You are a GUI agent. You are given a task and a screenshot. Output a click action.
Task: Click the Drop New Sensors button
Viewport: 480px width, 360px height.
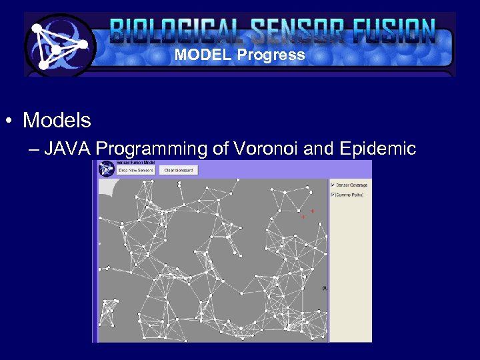coord(136,170)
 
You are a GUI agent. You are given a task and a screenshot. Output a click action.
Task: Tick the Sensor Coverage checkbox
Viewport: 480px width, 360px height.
coord(333,185)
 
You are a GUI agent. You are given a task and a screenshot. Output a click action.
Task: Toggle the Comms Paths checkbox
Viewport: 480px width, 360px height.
coord(333,195)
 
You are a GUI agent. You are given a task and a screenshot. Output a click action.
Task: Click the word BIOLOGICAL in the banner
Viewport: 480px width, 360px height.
coord(177,31)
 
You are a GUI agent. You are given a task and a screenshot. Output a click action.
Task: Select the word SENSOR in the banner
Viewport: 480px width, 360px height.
coord(291,31)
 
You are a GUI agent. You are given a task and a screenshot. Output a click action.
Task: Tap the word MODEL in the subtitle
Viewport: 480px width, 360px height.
coord(203,55)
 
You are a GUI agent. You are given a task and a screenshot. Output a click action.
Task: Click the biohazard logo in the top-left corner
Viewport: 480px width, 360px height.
coord(59,45)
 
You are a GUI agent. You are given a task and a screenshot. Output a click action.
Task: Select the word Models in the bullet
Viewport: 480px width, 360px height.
coord(57,121)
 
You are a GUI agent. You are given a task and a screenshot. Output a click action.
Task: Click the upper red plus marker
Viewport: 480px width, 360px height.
coord(312,211)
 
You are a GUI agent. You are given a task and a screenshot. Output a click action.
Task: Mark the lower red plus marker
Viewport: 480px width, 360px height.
coord(303,217)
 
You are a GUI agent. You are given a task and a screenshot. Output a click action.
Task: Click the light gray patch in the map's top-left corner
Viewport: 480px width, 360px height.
coord(106,187)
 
